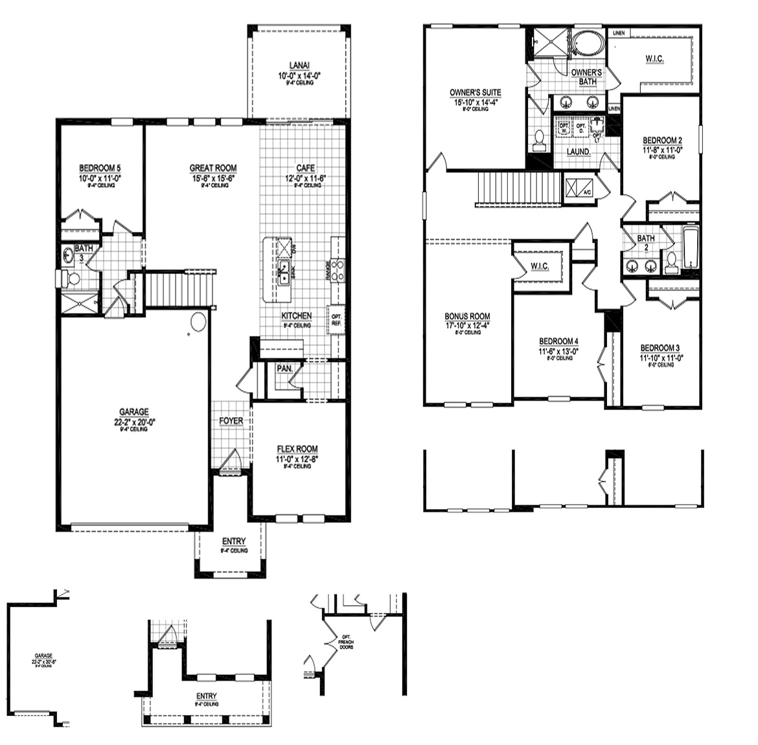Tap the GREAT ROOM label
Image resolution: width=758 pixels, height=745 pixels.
tap(212, 168)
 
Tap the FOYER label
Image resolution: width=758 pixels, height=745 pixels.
tap(231, 421)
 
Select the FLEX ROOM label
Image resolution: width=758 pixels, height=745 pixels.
tap(297, 449)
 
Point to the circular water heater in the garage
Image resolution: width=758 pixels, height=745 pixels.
tap(198, 322)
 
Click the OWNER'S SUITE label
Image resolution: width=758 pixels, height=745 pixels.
tap(475, 93)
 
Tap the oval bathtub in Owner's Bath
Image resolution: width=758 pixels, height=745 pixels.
tap(588, 44)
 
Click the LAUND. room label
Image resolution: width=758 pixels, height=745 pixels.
tap(579, 152)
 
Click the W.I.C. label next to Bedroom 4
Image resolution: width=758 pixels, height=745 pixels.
tap(540, 266)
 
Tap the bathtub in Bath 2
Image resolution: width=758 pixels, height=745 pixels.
tap(691, 249)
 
